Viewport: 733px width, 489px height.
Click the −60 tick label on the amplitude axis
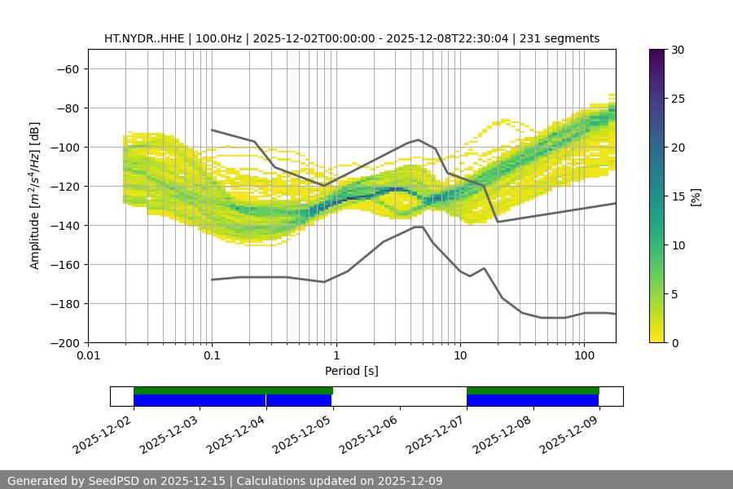(x=67, y=68)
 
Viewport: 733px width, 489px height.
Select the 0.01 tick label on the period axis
(x=88, y=356)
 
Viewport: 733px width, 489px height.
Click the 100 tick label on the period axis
(x=584, y=356)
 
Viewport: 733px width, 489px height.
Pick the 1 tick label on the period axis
(x=336, y=356)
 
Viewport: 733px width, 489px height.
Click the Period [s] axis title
(x=351, y=371)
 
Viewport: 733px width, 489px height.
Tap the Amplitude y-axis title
(x=35, y=196)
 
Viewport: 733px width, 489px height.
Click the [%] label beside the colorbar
(x=696, y=196)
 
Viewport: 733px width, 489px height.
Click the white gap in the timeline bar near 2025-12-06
(x=399, y=396)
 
